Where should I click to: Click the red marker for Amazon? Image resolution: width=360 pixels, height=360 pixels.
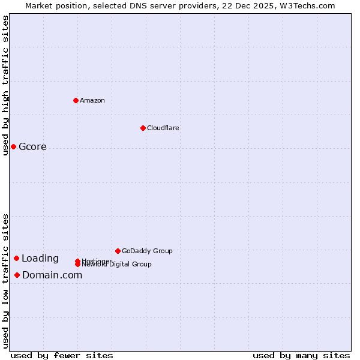point(76,100)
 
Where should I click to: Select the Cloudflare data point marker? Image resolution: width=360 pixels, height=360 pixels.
point(143,128)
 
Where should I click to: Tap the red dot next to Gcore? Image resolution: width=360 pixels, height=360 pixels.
point(13,146)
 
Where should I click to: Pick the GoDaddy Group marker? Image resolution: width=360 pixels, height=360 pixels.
point(118,251)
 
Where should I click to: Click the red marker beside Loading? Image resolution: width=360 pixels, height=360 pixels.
point(16,258)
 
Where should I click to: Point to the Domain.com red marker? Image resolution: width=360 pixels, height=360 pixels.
point(17,275)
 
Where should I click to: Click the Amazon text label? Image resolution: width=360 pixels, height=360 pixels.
point(92,100)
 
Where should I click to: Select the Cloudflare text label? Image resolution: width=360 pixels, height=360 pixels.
point(163,128)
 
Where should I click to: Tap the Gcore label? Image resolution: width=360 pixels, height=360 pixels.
point(32,147)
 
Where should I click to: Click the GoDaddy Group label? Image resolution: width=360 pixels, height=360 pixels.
point(147,251)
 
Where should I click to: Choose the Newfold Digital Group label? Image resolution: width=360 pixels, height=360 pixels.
point(117,265)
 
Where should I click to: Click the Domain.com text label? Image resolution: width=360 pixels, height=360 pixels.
point(52,275)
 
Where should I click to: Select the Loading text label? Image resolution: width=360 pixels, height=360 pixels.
point(40,259)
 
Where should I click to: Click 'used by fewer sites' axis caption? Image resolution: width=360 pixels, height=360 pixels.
point(62,355)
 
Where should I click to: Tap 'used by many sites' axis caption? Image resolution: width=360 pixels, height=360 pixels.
point(301,355)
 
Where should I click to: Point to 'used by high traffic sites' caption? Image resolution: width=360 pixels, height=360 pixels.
point(5,85)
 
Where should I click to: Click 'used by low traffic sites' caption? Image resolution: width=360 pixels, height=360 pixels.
point(5,281)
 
